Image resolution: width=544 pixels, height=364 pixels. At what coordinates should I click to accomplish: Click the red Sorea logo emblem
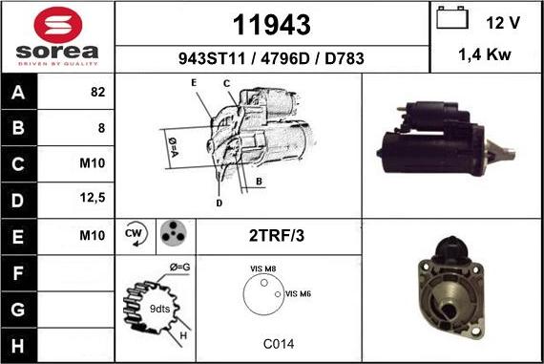click(58, 25)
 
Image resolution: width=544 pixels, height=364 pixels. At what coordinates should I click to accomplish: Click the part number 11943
click(272, 25)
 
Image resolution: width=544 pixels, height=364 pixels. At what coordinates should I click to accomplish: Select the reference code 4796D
click(284, 58)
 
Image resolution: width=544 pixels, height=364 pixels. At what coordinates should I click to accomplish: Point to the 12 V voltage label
click(503, 23)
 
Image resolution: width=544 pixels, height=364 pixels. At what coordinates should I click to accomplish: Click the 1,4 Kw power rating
click(485, 54)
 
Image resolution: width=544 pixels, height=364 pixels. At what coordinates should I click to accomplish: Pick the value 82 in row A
click(98, 92)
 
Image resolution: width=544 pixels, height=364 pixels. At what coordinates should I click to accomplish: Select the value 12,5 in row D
click(93, 198)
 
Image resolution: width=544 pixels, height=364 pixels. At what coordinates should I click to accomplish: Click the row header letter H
click(18, 346)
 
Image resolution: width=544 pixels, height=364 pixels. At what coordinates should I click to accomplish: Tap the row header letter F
click(18, 273)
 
